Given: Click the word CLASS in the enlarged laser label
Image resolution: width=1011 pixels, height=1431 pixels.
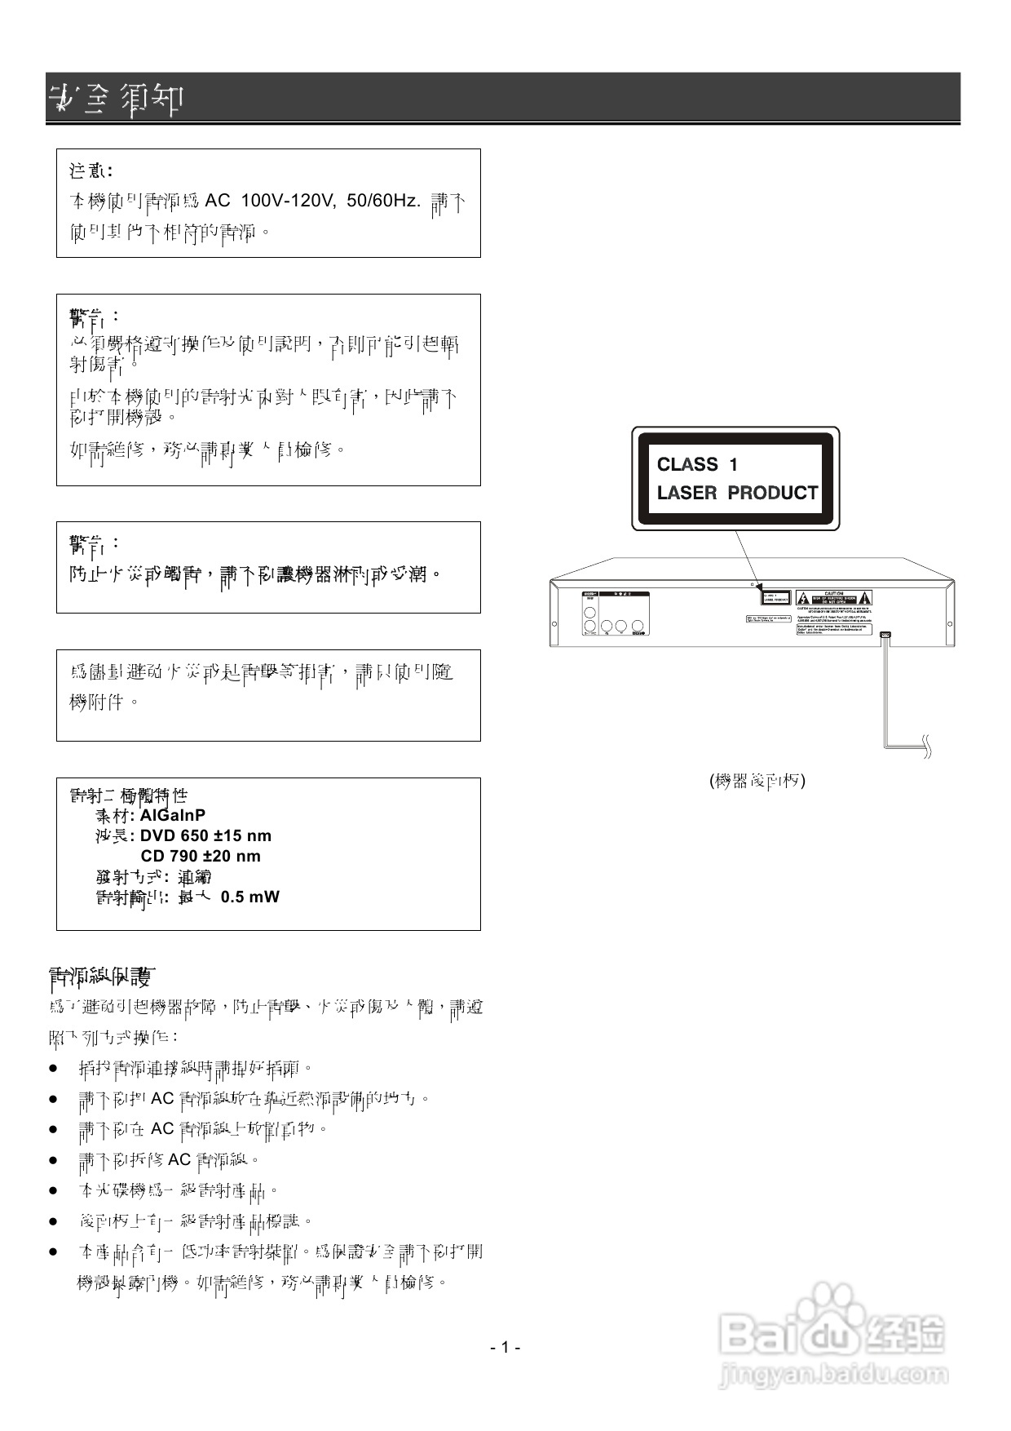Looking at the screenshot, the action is (x=687, y=464).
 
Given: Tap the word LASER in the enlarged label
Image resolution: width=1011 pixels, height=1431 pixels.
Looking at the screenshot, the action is (x=687, y=493).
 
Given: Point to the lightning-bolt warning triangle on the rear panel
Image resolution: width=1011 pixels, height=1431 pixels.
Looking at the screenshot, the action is (x=804, y=597).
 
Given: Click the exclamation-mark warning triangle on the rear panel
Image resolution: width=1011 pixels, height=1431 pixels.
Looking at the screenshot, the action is (x=864, y=597).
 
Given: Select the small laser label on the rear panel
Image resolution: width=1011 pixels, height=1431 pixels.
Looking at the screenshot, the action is (x=775, y=596).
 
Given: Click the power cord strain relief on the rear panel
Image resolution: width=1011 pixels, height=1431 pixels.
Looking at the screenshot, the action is (x=886, y=635).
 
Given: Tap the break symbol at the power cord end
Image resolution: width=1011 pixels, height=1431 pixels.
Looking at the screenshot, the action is (x=926, y=746).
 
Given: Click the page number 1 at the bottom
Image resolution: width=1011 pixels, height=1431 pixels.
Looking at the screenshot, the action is (x=505, y=1347).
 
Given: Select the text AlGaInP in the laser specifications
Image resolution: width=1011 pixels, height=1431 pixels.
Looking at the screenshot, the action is (x=173, y=815).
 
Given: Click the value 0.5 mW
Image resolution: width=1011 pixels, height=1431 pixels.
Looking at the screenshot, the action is (x=249, y=897).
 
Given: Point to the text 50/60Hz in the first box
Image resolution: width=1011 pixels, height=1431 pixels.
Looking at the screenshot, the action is (x=383, y=201).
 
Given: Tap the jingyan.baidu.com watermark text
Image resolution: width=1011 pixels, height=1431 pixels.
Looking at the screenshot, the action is (x=832, y=1375).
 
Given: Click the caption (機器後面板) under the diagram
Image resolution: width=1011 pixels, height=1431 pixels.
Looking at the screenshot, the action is (x=757, y=781).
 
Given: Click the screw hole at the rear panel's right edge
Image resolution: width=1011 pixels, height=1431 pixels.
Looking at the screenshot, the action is (x=948, y=623).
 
